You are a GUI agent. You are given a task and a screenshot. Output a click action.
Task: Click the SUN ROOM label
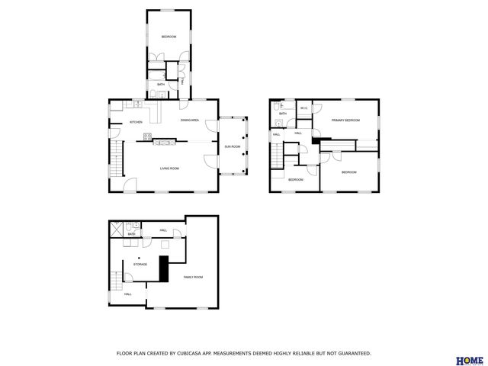point(232,146)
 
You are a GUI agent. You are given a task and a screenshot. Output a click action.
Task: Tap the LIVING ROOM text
point(169,169)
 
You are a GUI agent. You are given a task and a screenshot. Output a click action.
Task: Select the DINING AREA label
point(190,120)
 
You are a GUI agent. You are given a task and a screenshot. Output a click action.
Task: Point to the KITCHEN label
point(136,122)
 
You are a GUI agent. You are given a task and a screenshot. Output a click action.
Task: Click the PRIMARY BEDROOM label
point(345,120)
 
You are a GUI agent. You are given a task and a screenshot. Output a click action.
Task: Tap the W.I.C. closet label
point(303,108)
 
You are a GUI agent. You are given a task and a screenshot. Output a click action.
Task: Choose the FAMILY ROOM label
point(193,277)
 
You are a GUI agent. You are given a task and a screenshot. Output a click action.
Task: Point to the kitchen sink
point(137,103)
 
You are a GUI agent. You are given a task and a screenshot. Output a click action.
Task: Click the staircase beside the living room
point(116,157)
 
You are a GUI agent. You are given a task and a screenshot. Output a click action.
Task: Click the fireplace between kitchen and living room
point(165,140)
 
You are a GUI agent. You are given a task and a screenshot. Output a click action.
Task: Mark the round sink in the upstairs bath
point(281,122)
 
